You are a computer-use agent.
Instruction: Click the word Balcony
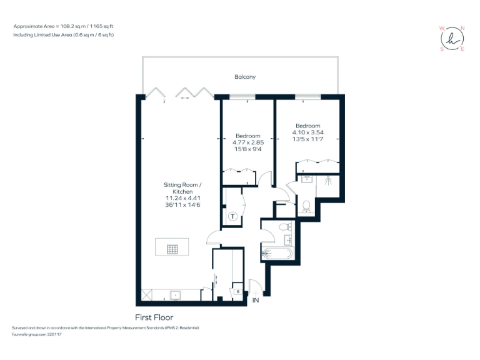[x=245, y=77]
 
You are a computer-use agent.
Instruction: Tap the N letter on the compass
[x=462, y=28]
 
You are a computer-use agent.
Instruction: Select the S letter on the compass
[x=442, y=49]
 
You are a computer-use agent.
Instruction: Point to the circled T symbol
[x=232, y=217]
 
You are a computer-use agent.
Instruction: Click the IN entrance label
[x=255, y=301]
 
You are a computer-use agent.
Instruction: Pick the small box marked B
[x=237, y=291]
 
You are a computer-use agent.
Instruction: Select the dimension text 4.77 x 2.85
[x=247, y=142]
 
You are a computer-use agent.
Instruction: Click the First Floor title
[x=154, y=317]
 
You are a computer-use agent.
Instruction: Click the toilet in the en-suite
[x=306, y=206]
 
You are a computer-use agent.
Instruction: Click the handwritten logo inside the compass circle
[x=452, y=39]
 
